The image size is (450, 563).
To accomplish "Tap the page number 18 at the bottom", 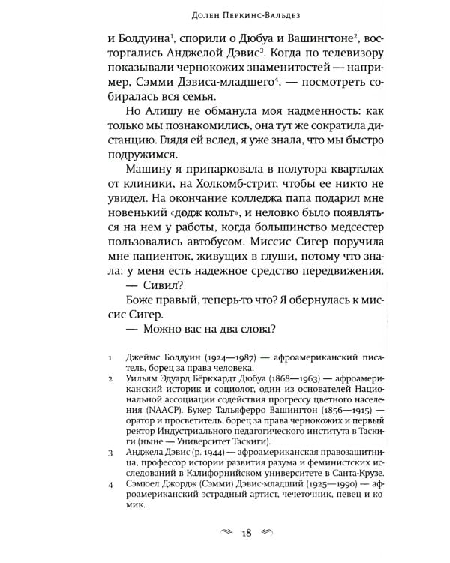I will pos(246,534).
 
